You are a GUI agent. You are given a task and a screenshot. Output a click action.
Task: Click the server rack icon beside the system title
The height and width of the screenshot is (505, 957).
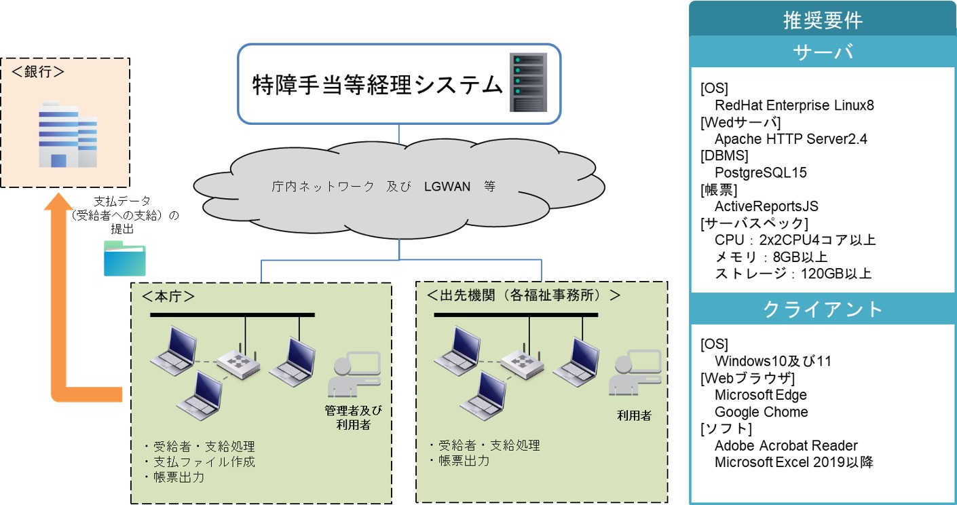pyautogui.click(x=528, y=82)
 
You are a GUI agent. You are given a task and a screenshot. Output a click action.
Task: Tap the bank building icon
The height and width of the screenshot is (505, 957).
pyautogui.click(x=68, y=134)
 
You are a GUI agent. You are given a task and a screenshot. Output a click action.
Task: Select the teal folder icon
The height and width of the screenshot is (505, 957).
pyautogui.click(x=125, y=259)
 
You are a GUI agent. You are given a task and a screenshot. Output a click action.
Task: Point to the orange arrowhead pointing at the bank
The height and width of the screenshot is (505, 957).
pyautogui.click(x=58, y=201)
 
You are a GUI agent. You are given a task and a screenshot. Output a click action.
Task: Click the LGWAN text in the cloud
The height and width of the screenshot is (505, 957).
pyautogui.click(x=447, y=187)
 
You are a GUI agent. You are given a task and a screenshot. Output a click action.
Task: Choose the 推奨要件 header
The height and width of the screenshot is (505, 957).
pyautogui.click(x=823, y=20)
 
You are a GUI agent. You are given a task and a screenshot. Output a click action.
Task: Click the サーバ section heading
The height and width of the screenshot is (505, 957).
pyautogui.click(x=823, y=52)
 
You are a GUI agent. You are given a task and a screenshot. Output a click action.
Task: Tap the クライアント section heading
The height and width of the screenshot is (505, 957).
pyautogui.click(x=823, y=309)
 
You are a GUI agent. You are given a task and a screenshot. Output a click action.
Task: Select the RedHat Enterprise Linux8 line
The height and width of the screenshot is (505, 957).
pyautogui.click(x=794, y=105)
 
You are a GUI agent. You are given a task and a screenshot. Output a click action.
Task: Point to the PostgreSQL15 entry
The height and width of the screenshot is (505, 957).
pyautogui.click(x=760, y=172)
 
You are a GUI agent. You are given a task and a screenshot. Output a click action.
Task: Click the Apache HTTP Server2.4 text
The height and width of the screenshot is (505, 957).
pyautogui.click(x=791, y=139)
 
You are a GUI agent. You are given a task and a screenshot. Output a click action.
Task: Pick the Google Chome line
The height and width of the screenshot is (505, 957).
pyautogui.click(x=762, y=412)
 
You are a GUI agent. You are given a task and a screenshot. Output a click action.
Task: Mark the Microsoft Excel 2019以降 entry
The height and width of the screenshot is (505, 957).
pyautogui.click(x=794, y=462)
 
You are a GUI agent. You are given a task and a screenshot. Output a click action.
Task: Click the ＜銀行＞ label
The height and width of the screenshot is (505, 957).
pyautogui.click(x=38, y=72)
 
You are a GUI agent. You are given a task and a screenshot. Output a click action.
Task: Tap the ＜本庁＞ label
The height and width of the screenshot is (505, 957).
pyautogui.click(x=168, y=296)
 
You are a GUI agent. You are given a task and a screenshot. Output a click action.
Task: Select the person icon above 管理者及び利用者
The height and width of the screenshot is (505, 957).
pyautogui.click(x=354, y=374)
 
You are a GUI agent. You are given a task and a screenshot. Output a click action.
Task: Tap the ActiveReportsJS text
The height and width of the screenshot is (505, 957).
pyautogui.click(x=766, y=206)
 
